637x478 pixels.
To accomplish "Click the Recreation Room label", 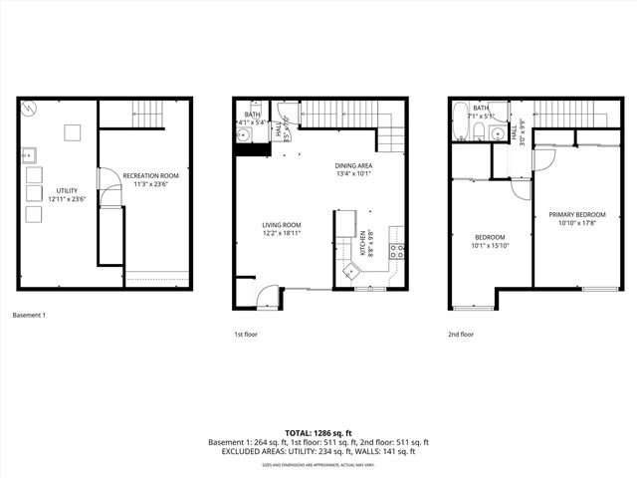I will click(150, 175).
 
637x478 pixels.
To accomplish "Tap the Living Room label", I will click(282, 225).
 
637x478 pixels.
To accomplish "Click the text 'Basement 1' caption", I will click(29, 315).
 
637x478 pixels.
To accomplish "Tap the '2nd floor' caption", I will click(461, 335).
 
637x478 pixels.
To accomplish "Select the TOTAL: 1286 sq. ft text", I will click(318, 433).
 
